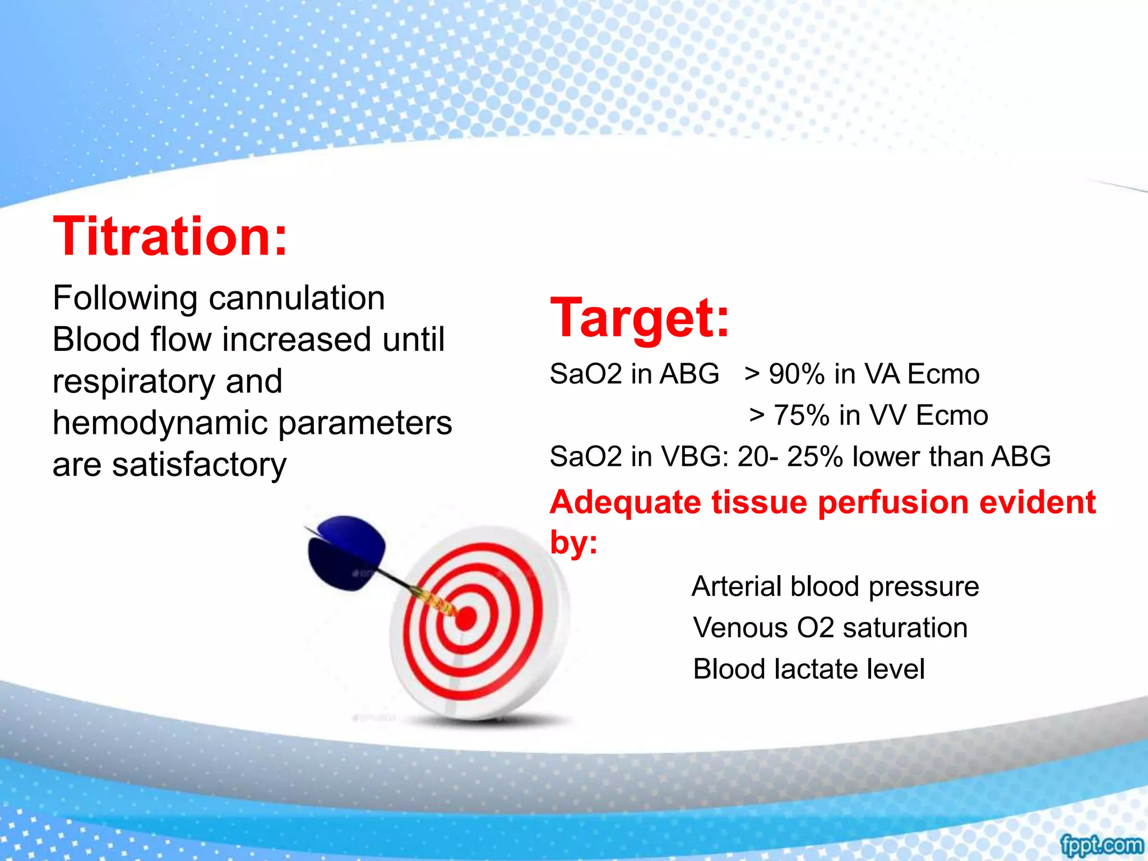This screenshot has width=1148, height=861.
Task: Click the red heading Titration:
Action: click(x=170, y=237)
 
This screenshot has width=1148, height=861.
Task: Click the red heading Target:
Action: click(x=640, y=318)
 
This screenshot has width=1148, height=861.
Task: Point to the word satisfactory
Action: click(x=199, y=465)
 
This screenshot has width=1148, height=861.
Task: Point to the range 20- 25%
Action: click(x=790, y=456)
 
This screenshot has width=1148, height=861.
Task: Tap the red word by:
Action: click(x=573, y=543)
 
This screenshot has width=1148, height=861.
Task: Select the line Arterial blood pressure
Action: click(x=835, y=586)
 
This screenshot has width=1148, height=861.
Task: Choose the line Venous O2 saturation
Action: click(x=830, y=627)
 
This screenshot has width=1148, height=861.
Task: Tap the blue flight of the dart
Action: click(x=348, y=552)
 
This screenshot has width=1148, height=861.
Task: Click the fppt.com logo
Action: click(x=1101, y=844)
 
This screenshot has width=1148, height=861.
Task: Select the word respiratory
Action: click(x=133, y=381)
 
